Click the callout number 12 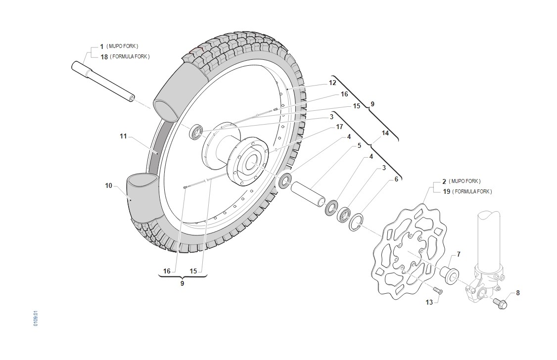click(x=332, y=83)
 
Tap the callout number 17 click(x=339, y=127)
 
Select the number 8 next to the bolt click(x=517, y=293)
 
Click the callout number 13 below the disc click(x=429, y=302)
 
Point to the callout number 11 click(x=123, y=136)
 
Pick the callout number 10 click(x=108, y=185)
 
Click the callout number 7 click(x=459, y=254)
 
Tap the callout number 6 click(x=396, y=180)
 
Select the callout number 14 click(x=385, y=133)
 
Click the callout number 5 click(x=359, y=145)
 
